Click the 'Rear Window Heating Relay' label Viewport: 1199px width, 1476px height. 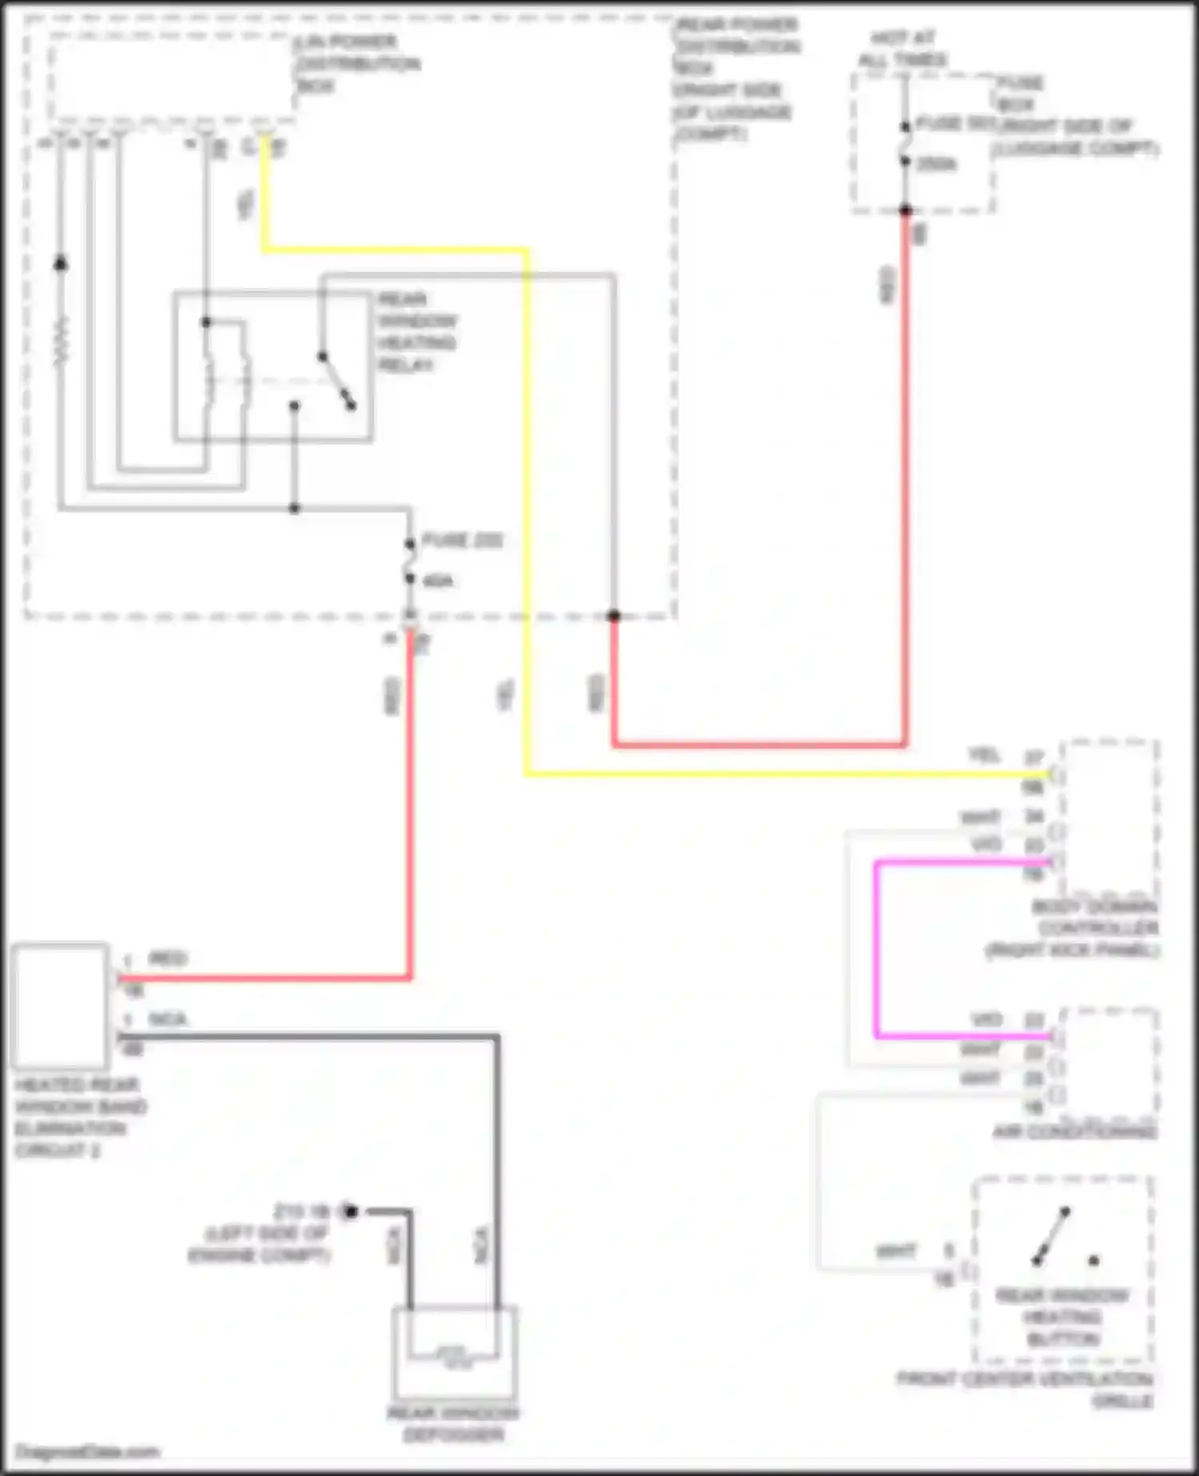point(416,332)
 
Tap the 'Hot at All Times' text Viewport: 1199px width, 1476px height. point(902,49)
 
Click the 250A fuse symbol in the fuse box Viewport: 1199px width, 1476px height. point(906,144)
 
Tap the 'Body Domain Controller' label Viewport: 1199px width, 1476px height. point(1096,928)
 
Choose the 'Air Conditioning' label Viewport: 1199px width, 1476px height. point(1074,1132)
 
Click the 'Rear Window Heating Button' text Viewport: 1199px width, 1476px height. point(1062,1317)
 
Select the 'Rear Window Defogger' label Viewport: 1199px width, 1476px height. point(453,1424)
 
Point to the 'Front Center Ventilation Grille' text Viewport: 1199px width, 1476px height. point(1026,1389)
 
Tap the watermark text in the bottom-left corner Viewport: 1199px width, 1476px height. point(87,1451)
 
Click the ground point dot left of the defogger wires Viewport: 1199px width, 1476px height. point(349,1211)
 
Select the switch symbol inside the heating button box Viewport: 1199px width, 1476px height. point(1052,1236)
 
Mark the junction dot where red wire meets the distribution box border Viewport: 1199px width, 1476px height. point(613,616)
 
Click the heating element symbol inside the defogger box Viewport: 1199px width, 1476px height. point(452,1354)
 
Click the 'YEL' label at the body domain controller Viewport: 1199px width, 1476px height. point(982,754)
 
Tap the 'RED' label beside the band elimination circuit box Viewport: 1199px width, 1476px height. point(167,958)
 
